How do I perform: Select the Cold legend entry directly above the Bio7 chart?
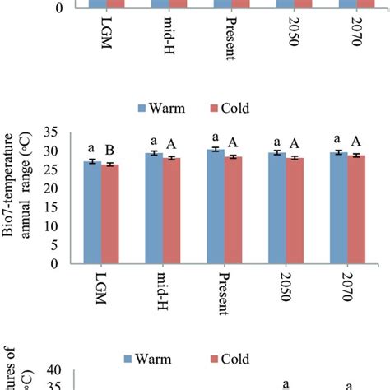pos(228,108)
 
